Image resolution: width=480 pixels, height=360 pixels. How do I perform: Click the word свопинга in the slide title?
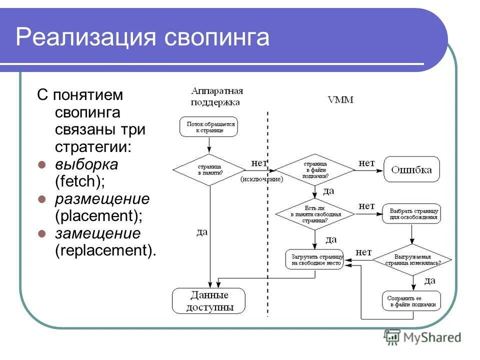click(217, 38)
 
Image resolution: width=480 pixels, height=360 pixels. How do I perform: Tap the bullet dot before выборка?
click(42, 164)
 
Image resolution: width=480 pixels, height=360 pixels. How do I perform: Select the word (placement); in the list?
click(98, 216)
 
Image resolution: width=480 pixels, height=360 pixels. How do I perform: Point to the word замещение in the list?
click(98, 233)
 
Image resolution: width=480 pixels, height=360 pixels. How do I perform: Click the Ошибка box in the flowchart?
click(411, 169)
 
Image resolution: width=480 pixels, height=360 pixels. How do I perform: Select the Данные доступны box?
click(209, 301)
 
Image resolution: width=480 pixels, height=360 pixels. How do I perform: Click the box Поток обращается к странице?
click(208, 126)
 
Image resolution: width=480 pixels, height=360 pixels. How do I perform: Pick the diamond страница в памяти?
click(209, 170)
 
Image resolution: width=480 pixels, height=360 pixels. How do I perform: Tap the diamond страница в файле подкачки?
click(315, 170)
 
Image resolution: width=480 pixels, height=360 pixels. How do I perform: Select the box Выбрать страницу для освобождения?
click(411, 213)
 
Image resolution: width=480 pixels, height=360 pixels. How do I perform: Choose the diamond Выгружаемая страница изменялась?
click(412, 259)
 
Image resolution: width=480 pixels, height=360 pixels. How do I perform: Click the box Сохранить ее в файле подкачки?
click(411, 301)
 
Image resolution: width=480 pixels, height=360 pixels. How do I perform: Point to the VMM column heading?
click(340, 99)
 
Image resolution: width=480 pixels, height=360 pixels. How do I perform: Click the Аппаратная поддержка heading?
click(216, 96)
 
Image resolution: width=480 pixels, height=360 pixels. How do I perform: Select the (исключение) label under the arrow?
click(261, 179)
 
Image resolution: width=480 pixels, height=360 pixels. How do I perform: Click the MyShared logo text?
click(432, 337)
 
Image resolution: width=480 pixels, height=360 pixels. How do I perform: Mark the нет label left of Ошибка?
click(367, 162)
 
